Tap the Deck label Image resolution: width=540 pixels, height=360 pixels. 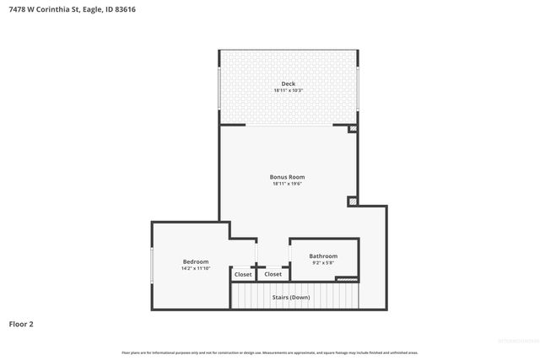(288, 83)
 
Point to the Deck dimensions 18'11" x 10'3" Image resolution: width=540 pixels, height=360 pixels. (288, 90)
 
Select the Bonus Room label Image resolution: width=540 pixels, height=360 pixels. (287, 177)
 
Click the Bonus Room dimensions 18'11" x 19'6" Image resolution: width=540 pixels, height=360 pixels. (287, 184)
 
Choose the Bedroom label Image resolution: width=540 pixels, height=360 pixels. (196, 261)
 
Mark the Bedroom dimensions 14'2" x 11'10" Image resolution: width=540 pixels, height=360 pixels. (196, 268)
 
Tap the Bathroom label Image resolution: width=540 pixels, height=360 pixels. (323, 256)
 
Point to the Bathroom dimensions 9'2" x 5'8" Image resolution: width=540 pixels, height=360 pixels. (323, 263)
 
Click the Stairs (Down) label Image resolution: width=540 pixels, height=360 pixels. (290, 297)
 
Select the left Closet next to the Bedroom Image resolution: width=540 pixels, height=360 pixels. (243, 274)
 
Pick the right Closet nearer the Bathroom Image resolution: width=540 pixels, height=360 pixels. (273, 274)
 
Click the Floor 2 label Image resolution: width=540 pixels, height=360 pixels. (21, 324)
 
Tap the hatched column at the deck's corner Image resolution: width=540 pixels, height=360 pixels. (353, 129)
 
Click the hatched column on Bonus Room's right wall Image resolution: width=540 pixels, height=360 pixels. (352, 201)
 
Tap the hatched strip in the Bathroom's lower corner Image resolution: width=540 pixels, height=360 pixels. (347, 279)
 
